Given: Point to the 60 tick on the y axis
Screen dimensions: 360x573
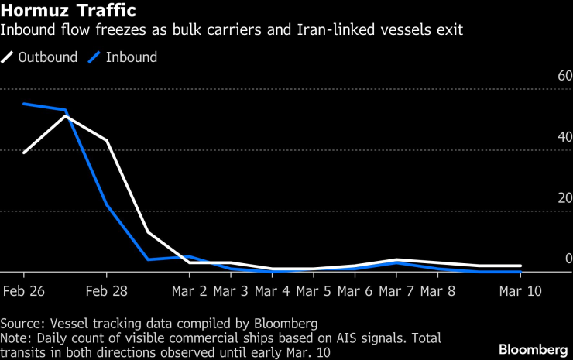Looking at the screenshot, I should coord(564,77).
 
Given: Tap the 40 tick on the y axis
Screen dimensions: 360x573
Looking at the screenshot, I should coord(564,137).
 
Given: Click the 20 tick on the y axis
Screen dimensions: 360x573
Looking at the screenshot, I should coord(564,197).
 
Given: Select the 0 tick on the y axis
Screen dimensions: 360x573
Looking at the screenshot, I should coord(568,258).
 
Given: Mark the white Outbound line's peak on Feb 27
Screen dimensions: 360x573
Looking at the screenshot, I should coord(66,116).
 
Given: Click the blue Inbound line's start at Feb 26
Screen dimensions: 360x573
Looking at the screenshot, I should coord(24,104).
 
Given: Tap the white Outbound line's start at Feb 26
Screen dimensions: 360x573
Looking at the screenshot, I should coord(24,153).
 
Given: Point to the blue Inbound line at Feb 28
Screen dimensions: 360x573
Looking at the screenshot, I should coord(107,204).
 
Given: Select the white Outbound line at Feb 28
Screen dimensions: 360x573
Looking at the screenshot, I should coord(107,140).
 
